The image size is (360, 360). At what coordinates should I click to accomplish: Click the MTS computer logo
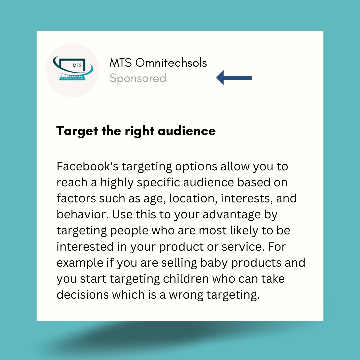pos(72,70)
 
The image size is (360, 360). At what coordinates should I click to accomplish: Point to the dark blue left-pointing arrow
pos(234,78)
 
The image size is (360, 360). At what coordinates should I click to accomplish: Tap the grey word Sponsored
pos(138,78)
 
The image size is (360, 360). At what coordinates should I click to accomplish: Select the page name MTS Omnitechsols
pos(158,63)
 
